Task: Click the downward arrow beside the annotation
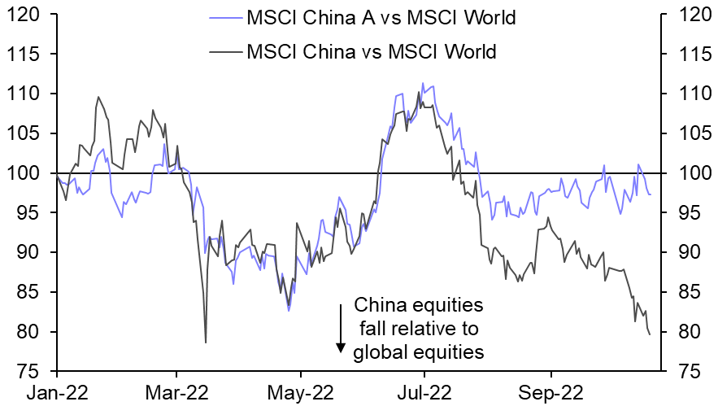[340, 329]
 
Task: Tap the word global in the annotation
[380, 352]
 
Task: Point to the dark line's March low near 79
[206, 342]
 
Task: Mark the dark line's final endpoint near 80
[650, 334]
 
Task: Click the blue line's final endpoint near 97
[650, 194]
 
